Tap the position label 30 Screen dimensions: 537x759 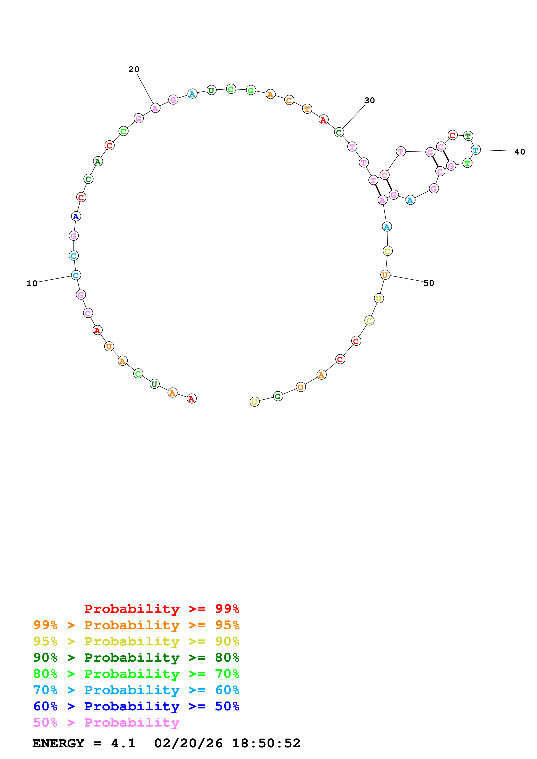pyautogui.click(x=369, y=100)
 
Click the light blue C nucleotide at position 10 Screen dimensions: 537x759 pyautogui.click(x=76, y=275)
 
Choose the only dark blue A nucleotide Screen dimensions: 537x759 pyautogui.click(x=76, y=217)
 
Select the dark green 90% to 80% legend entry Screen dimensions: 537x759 pyautogui.click(x=136, y=658)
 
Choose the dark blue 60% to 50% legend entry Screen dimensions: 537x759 pyautogui.click(x=136, y=706)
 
